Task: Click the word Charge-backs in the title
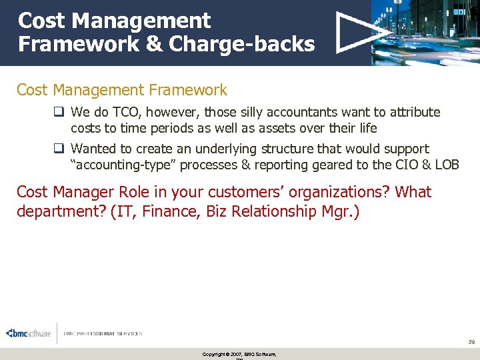(x=241, y=44)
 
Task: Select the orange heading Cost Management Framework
(x=122, y=90)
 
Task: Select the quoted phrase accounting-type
(x=125, y=165)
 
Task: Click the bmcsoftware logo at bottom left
(x=28, y=333)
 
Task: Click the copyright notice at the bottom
(x=239, y=354)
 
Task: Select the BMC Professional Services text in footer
(x=103, y=333)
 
